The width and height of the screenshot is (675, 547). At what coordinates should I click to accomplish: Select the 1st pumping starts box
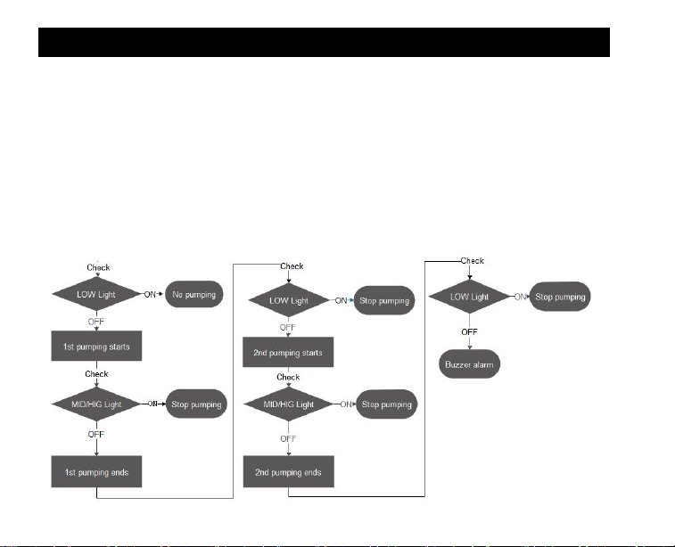95,347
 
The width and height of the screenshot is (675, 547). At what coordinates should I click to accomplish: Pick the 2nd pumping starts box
288,352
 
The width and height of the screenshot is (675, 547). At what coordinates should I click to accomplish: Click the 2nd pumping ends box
288,471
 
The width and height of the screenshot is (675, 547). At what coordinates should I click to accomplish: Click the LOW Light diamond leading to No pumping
95,293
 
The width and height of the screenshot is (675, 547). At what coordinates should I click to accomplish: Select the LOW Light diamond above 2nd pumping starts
288,301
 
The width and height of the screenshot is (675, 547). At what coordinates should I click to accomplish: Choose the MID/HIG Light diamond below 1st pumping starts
95,404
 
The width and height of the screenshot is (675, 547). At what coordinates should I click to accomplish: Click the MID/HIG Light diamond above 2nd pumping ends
288,404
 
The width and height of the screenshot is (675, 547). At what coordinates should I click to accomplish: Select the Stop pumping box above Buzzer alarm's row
561,296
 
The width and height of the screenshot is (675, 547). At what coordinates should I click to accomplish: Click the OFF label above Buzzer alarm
471,331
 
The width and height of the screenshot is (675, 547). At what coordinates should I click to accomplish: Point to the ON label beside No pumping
152,293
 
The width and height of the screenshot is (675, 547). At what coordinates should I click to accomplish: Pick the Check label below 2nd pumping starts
288,378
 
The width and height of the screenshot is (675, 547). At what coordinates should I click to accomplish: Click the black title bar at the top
324,42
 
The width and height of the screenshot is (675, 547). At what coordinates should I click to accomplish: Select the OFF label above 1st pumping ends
95,435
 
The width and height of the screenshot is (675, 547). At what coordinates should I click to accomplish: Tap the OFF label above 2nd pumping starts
288,327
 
